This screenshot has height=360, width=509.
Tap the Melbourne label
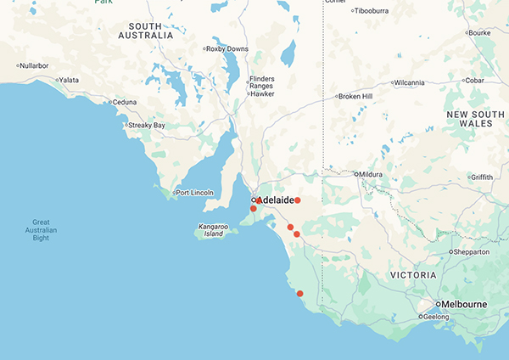461,304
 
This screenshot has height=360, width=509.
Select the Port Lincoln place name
194,193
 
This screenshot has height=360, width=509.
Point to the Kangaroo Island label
214,230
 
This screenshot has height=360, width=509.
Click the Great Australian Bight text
36,230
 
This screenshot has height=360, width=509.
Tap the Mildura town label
371,174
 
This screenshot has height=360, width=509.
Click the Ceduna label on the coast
126,102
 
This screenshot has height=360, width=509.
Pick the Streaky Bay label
146,126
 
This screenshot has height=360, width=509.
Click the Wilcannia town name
414,82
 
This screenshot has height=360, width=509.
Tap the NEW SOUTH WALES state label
470,118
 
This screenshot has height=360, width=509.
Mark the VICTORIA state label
412,275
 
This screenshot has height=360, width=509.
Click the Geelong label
438,317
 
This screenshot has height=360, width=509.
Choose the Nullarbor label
36,65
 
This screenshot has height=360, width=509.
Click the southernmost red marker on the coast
299,294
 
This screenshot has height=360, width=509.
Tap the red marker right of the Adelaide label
298,200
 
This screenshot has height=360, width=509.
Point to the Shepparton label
473,252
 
